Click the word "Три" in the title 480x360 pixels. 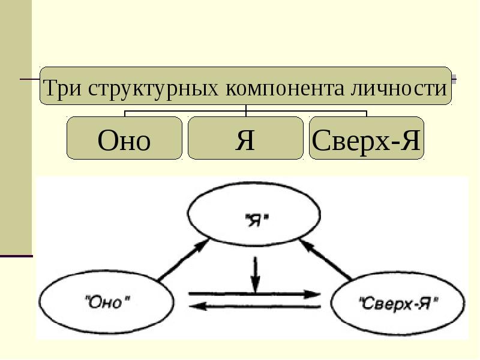(x=63, y=88)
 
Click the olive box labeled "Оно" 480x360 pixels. (x=124, y=138)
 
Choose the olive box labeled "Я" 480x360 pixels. (x=245, y=138)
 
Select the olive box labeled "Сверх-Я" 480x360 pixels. (x=367, y=138)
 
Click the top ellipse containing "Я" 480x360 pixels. (x=254, y=183)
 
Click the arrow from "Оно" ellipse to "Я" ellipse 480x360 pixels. (x=183, y=260)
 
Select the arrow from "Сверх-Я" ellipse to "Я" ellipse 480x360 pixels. (x=326, y=260)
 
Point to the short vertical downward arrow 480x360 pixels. (x=256, y=275)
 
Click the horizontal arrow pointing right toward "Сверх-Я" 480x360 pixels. (x=254, y=295)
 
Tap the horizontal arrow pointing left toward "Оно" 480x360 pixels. (x=254, y=306)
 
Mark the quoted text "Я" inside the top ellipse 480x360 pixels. (x=257, y=220)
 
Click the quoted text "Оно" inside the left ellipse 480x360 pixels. (x=107, y=303)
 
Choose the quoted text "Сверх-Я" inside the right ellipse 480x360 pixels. (x=398, y=304)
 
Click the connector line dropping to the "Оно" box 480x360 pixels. (x=125, y=113)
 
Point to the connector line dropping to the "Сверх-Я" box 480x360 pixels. (x=367, y=113)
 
